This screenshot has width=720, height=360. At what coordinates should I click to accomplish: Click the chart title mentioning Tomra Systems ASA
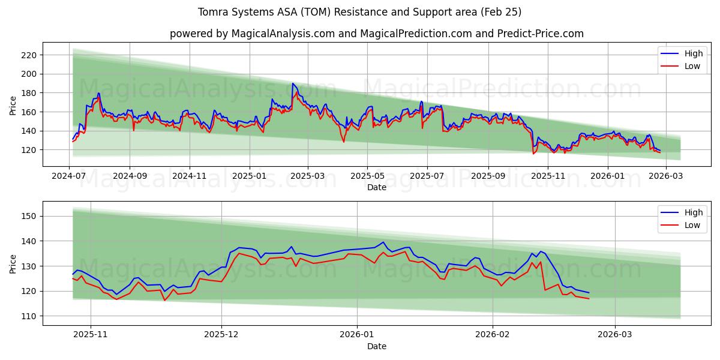[x=359, y=12]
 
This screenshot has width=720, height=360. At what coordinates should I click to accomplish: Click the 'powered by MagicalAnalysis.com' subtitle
[x=376, y=34]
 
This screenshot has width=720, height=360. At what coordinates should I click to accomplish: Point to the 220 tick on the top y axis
[x=29, y=55]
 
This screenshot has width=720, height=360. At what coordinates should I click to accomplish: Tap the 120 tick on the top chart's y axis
[x=29, y=150]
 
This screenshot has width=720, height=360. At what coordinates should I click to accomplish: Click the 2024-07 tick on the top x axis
[x=70, y=176]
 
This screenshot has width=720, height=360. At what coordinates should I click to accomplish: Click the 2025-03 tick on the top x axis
[x=308, y=176]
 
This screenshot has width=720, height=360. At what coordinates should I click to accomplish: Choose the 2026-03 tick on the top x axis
[x=665, y=176]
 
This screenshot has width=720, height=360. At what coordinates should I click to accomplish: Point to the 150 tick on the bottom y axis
[x=29, y=216]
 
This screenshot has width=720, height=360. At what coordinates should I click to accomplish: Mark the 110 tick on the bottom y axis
[x=29, y=316]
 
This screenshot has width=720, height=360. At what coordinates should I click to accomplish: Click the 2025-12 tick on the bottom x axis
[x=221, y=335]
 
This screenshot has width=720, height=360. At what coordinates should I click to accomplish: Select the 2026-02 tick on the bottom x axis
[x=492, y=335]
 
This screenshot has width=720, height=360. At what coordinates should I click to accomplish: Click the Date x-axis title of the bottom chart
[x=376, y=346]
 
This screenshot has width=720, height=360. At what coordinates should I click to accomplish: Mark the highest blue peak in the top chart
[x=293, y=83]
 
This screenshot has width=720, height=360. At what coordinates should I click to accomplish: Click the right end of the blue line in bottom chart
[x=589, y=293]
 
